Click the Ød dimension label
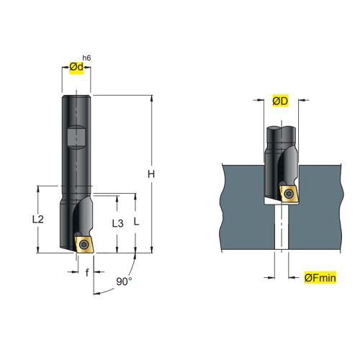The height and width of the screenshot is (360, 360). click(x=76, y=67)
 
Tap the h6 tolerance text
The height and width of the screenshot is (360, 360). click(x=86, y=58)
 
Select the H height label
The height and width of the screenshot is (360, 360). click(x=151, y=174)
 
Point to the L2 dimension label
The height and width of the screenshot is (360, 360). click(x=38, y=219)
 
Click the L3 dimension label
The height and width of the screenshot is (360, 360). click(x=117, y=224)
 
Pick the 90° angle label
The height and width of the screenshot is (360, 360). click(x=124, y=282)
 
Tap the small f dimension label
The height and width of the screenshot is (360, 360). click(x=87, y=272)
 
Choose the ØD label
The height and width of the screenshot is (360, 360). click(x=280, y=101)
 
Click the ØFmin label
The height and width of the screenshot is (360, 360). click(x=320, y=278)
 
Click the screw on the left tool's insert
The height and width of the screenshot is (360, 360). click(x=84, y=244)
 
